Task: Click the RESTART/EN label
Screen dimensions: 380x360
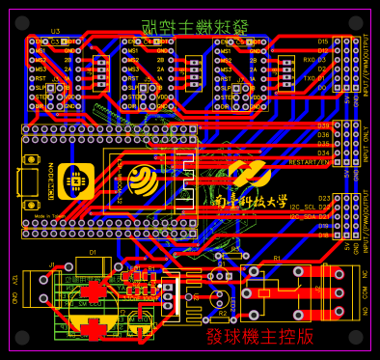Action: click(309, 162)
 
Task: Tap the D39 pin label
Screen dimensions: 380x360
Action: click(323, 125)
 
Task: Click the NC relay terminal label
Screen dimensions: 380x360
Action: click(365, 275)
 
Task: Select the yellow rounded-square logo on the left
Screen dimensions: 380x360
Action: click(75, 180)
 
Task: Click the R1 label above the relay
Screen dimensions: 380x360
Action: click(276, 259)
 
